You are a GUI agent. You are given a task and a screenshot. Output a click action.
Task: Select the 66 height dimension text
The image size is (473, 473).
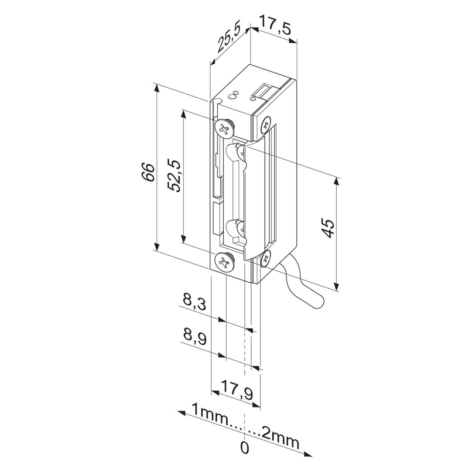[148, 172]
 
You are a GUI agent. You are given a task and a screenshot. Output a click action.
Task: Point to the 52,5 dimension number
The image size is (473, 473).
[174, 175]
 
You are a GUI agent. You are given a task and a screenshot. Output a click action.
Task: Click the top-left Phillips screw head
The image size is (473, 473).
[224, 129]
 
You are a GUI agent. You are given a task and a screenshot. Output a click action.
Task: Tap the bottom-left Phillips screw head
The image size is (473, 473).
[224, 263]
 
